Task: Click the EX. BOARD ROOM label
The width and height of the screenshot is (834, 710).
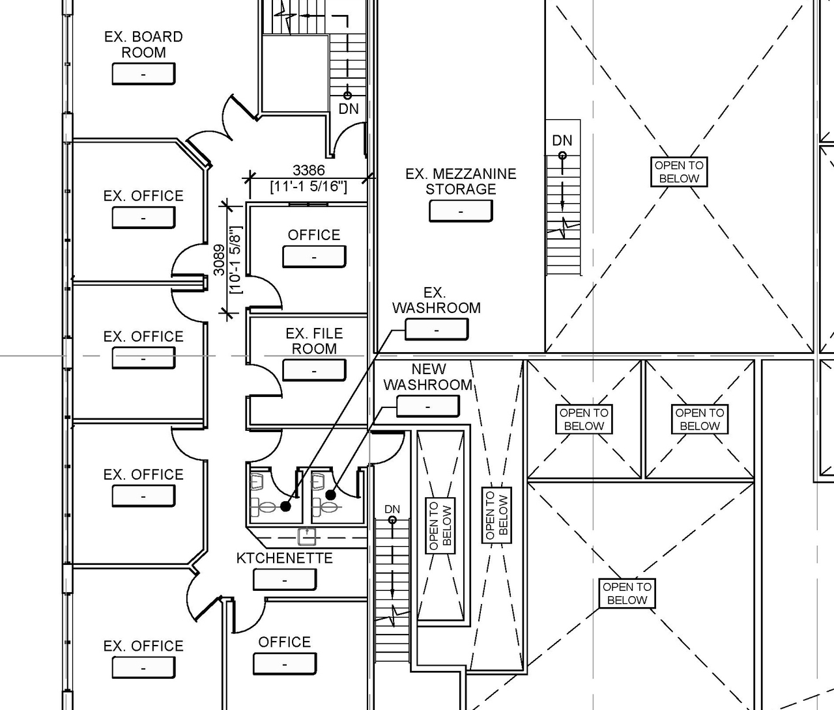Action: coord(143,44)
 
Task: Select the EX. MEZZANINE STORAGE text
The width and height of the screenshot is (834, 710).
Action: coord(461,182)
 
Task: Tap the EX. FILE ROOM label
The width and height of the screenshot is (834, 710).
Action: coord(314,341)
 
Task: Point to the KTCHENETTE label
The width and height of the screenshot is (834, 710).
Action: coord(284,558)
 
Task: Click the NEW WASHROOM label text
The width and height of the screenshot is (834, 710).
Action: coord(428,377)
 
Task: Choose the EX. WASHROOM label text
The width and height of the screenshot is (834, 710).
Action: coord(436,301)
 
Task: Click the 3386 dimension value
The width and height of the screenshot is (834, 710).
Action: coord(308,171)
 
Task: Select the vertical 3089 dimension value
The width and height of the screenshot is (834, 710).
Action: coord(220,259)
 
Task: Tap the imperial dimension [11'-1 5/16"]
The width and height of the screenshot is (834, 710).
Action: coord(308,187)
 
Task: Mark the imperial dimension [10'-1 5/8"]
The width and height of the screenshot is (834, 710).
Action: coord(235,259)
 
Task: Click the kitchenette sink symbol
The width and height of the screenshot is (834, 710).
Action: coord(307,536)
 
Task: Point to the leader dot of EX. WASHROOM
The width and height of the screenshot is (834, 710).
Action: coord(285,506)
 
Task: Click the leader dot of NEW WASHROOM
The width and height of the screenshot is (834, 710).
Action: coord(330,495)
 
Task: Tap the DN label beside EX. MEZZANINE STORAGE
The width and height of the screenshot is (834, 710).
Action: coord(562,141)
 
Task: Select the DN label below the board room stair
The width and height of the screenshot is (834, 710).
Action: coord(349,109)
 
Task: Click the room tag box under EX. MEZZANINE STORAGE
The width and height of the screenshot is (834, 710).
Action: coord(461,211)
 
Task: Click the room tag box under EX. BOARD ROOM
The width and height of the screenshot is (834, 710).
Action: coord(143,74)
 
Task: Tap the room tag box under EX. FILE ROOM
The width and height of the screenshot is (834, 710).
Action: coord(314,370)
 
